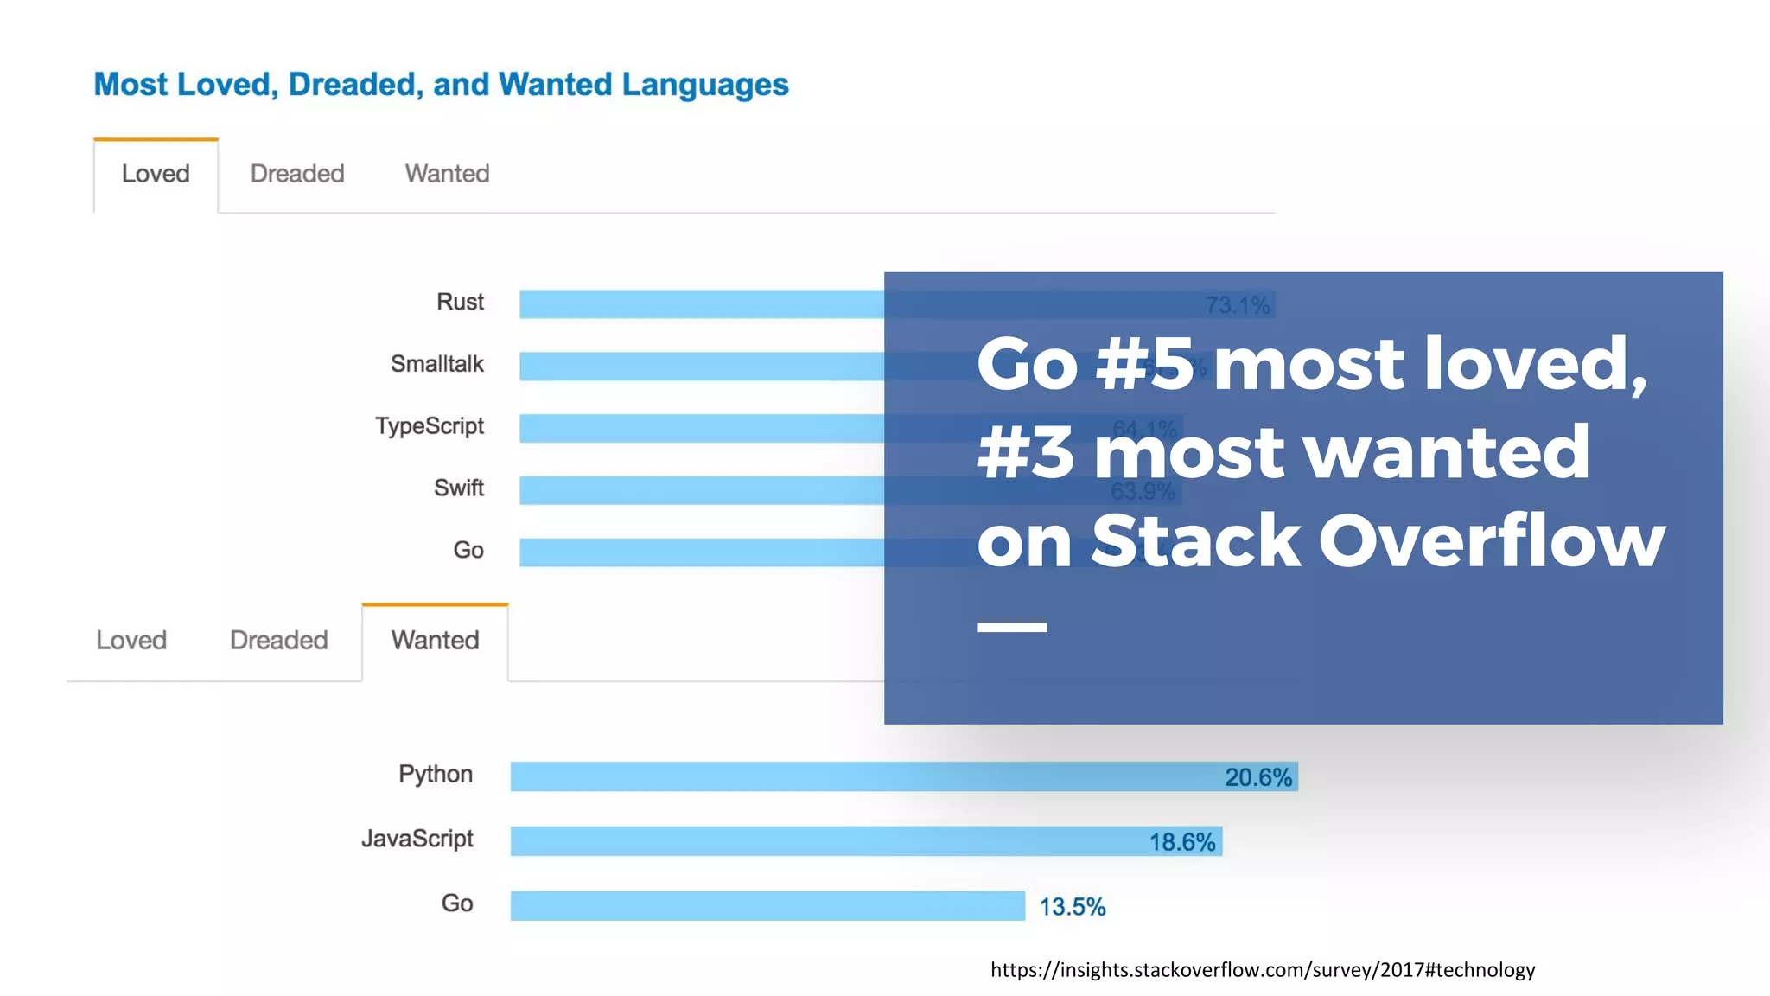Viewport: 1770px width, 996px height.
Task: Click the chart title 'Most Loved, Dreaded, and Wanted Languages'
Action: [441, 85]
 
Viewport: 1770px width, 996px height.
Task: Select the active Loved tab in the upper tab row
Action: [156, 174]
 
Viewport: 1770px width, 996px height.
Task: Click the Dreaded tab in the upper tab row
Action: [297, 174]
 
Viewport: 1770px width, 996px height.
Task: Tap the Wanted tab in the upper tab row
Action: [447, 174]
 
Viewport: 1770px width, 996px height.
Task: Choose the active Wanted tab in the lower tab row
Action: [435, 641]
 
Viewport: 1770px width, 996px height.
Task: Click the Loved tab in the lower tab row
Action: [131, 641]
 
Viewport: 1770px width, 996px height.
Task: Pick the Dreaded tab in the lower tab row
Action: [278, 641]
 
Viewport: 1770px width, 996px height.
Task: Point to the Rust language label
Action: [460, 302]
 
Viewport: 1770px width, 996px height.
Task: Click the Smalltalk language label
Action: [436, 364]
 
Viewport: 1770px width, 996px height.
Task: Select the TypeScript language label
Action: [430, 426]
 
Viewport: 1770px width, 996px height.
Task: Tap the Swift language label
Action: [458, 488]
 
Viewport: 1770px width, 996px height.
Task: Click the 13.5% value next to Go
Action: [1072, 907]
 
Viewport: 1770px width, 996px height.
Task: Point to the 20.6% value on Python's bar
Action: [1258, 777]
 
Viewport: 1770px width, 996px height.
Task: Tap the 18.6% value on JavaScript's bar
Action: [1181, 842]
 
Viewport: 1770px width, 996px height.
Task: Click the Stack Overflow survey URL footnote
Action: [1263, 970]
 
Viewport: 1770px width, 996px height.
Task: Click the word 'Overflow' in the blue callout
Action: [1491, 540]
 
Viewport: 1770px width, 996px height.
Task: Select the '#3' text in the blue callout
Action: [1026, 452]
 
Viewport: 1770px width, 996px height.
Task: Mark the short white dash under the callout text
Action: [1012, 627]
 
